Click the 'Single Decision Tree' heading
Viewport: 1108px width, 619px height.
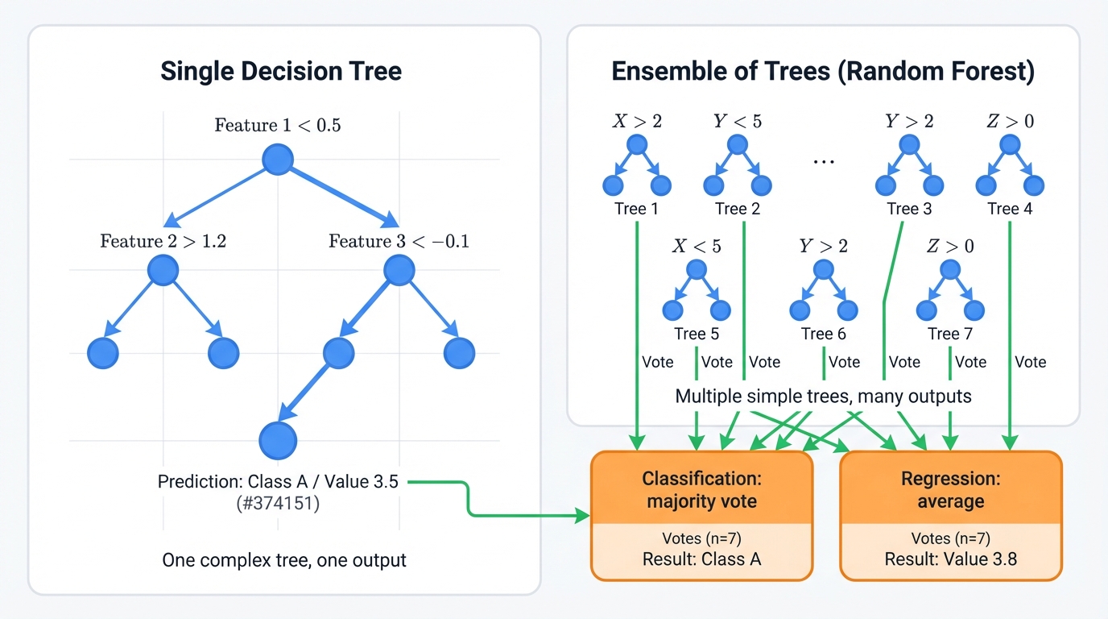coord(281,71)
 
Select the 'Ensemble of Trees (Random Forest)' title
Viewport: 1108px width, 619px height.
coord(822,71)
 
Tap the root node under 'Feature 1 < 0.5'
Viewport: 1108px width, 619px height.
coord(278,159)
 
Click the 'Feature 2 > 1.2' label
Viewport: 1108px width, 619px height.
coord(163,241)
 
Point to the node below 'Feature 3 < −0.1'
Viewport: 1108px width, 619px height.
coord(399,271)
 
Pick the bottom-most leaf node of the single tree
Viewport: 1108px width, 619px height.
coord(278,440)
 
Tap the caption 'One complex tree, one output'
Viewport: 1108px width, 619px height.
coord(284,559)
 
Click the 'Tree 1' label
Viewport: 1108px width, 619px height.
coord(636,209)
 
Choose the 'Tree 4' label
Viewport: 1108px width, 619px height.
coord(1009,209)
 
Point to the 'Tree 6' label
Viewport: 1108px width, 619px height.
coord(823,334)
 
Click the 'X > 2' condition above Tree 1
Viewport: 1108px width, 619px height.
coord(637,122)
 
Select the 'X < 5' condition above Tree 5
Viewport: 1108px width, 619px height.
coord(697,246)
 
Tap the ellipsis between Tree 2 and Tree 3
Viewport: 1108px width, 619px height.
coord(823,160)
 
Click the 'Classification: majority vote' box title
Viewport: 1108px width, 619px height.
coord(701,490)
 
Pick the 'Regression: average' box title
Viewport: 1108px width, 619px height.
coord(950,490)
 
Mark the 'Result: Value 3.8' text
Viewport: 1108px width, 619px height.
coord(950,559)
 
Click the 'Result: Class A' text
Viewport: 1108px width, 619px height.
coord(701,559)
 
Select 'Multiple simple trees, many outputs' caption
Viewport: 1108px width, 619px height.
coord(823,397)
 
